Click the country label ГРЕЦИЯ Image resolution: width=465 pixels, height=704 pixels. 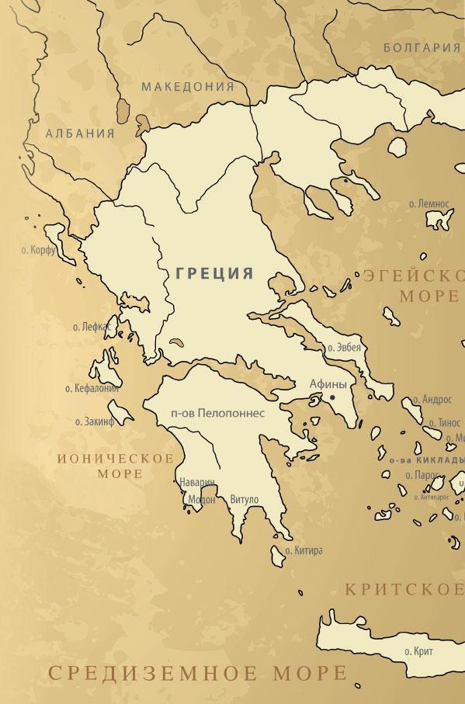(214, 273)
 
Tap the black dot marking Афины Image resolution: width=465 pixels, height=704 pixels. (332, 397)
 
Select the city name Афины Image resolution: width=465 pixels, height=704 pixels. (328, 383)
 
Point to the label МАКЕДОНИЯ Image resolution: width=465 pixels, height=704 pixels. (187, 86)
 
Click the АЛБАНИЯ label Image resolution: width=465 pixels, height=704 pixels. (80, 134)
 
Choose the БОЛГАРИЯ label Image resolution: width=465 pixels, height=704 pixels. (422, 47)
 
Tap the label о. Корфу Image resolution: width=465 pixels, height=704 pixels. (39, 252)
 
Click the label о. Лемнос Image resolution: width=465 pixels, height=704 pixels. (429, 203)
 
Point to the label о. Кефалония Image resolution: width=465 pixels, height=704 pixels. (92, 387)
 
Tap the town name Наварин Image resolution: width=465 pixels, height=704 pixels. (197, 482)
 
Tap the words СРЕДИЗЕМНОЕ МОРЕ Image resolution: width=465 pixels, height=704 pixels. (197, 672)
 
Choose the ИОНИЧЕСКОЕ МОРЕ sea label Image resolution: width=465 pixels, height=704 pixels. (116, 466)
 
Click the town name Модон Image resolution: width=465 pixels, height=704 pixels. (202, 500)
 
